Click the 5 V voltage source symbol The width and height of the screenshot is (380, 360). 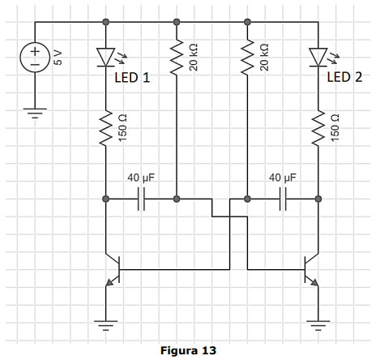coord(35,58)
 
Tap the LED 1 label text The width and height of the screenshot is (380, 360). coord(132,78)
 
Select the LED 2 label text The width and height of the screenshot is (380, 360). coord(344,77)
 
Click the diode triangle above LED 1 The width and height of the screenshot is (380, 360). coord(106,57)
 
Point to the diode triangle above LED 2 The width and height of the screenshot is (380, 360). coord(318,57)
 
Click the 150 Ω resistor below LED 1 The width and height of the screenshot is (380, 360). coord(106,128)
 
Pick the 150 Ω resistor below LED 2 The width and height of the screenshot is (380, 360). coord(318,128)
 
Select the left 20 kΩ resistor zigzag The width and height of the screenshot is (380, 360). coord(177,57)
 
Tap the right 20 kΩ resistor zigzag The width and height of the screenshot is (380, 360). coord(247,57)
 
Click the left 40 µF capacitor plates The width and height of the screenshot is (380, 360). coord(141,199)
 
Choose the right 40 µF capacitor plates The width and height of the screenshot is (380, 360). coord(283,199)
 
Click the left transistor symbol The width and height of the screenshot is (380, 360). coord(113,270)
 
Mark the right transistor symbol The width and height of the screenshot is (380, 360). coord(311,270)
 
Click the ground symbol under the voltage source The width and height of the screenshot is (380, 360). coord(35,114)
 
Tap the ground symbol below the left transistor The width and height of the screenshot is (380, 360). coord(106,326)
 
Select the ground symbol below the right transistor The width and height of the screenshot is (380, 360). coord(318,326)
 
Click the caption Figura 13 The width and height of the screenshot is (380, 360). coord(188,350)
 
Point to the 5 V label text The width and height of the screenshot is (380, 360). coord(58,58)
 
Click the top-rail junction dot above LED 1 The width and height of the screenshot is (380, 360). coord(106,22)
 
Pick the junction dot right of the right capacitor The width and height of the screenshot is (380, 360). coord(318,199)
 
